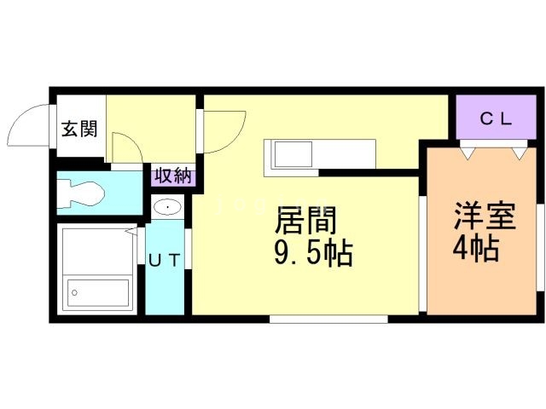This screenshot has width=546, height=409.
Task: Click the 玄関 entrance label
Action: [78, 130]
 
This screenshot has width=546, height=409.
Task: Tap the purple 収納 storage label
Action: [172, 176]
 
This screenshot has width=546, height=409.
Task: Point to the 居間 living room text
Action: [305, 222]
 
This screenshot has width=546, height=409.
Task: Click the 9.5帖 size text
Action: [313, 254]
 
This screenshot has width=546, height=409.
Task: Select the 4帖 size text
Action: [476, 250]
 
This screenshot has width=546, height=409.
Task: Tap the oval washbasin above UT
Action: [167, 207]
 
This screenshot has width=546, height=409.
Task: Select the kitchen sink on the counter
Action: [294, 156]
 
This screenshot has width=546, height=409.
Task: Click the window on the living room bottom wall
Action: [328, 319]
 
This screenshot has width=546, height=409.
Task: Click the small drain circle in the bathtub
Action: [75, 292]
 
